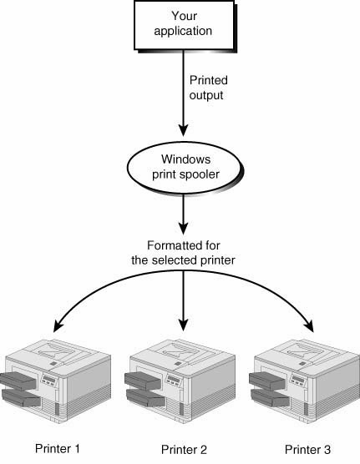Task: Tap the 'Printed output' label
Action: point(209,88)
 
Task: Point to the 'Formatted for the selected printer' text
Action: point(183,253)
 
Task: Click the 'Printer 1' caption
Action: point(58,449)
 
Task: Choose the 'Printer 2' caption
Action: point(184,450)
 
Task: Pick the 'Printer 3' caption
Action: point(307,450)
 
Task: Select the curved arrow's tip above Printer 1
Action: point(54,331)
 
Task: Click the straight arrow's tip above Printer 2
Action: point(184,330)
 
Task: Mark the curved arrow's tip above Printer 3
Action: point(313,332)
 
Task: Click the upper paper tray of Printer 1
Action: point(18,381)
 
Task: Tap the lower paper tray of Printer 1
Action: point(22,397)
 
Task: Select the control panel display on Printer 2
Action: point(174,379)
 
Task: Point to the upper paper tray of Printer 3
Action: point(267,381)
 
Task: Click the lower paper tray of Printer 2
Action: point(146,397)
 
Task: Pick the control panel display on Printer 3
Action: point(298,379)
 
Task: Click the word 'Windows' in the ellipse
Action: point(185,159)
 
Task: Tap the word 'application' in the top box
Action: point(183,32)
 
